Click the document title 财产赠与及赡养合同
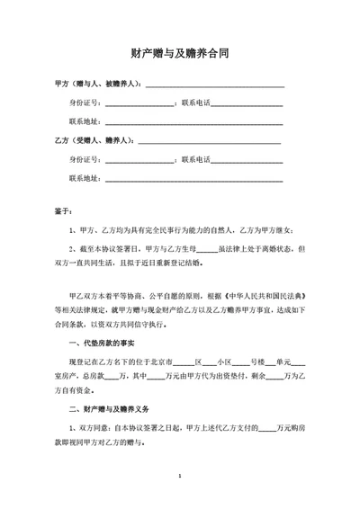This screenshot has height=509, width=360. (179, 54)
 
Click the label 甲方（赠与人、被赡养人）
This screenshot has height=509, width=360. (94, 84)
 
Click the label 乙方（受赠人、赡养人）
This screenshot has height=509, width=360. (94, 140)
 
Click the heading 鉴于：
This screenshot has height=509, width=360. (64, 210)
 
